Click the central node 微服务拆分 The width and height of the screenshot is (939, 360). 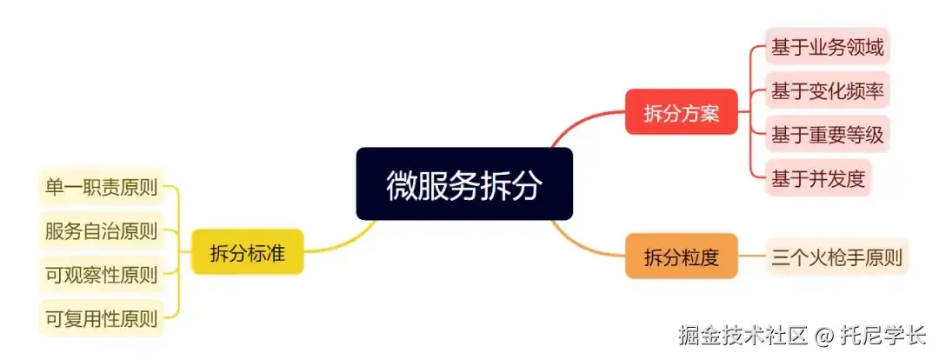click(x=464, y=183)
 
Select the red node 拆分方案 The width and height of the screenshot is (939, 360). click(x=681, y=112)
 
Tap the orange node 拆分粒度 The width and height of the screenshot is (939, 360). click(x=681, y=257)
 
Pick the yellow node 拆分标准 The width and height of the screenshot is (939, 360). click(x=247, y=252)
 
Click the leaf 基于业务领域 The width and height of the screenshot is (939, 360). click(x=827, y=47)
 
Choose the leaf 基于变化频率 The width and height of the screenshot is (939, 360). click(x=827, y=90)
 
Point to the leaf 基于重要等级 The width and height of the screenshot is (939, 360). click(x=827, y=135)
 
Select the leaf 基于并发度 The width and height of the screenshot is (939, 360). click(x=817, y=178)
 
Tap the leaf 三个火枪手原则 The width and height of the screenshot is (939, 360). click(x=836, y=257)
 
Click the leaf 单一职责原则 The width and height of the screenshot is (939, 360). click(x=101, y=186)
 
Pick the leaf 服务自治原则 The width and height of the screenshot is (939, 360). click(x=101, y=230)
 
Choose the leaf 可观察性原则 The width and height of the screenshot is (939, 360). click(x=101, y=275)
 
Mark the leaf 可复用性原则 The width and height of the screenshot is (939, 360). click(x=101, y=318)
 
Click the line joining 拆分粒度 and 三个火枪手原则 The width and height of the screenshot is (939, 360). click(x=751, y=257)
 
